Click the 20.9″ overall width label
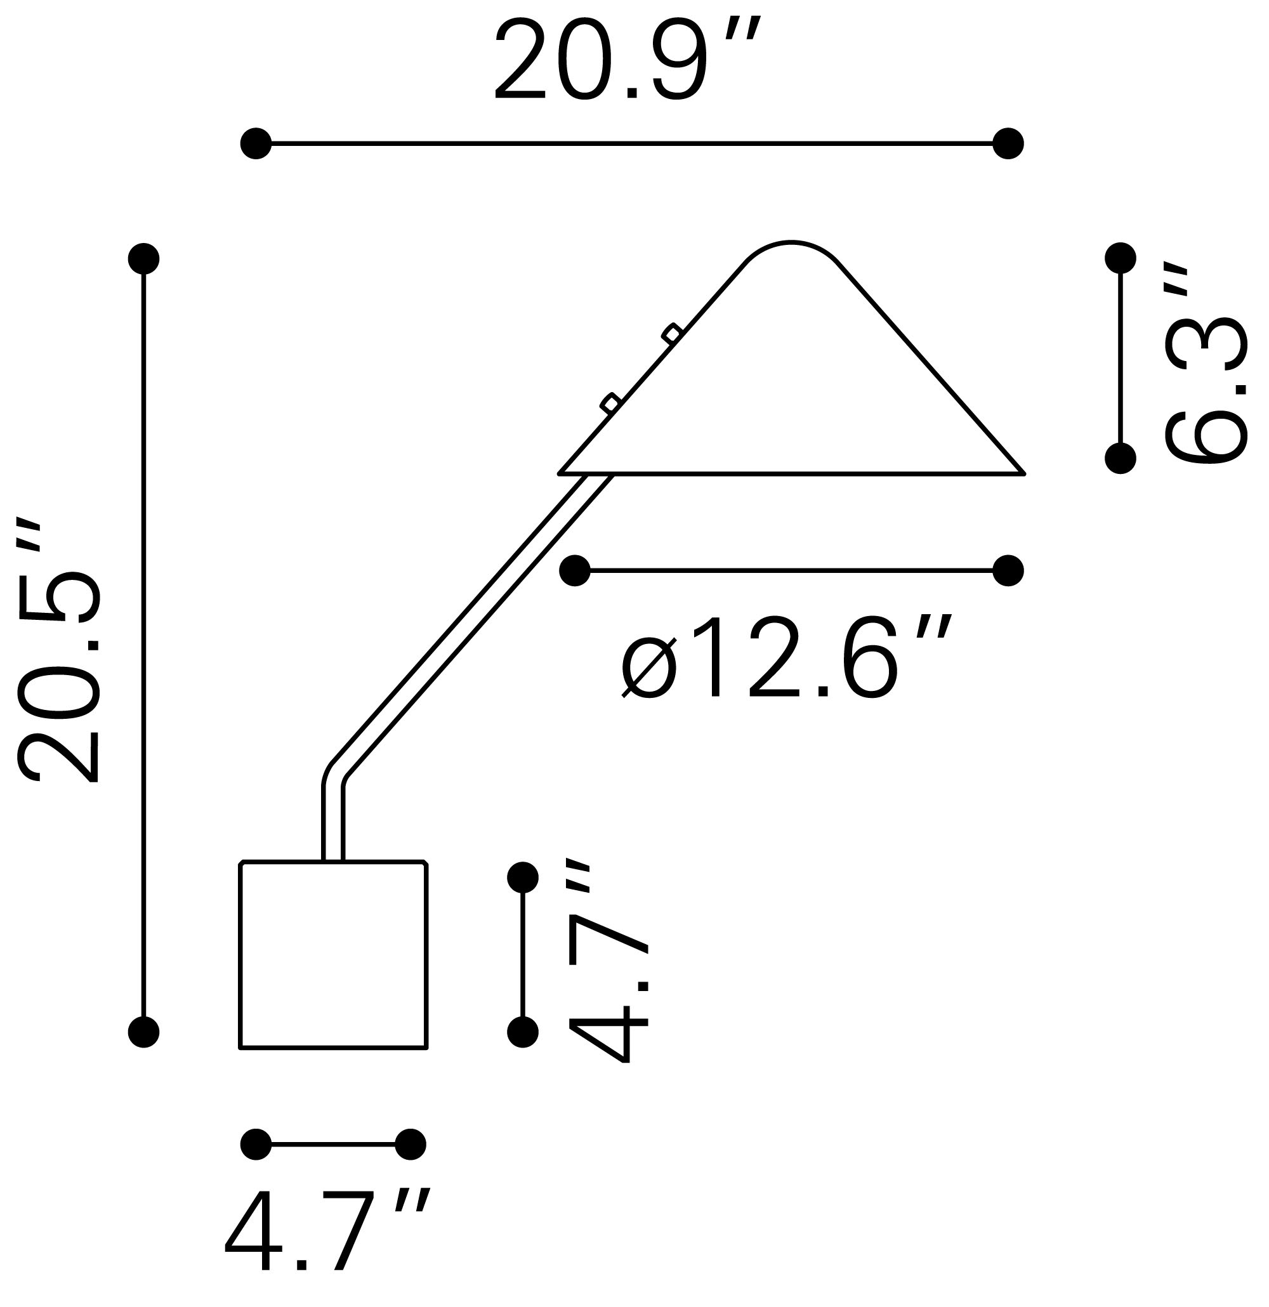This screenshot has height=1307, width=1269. pos(626,62)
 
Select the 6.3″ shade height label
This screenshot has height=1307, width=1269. pos(1206,364)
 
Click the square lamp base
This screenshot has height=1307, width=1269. pos(332,955)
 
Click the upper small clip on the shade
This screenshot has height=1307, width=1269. pos(671,334)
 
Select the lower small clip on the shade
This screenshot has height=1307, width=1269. pos(611,403)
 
